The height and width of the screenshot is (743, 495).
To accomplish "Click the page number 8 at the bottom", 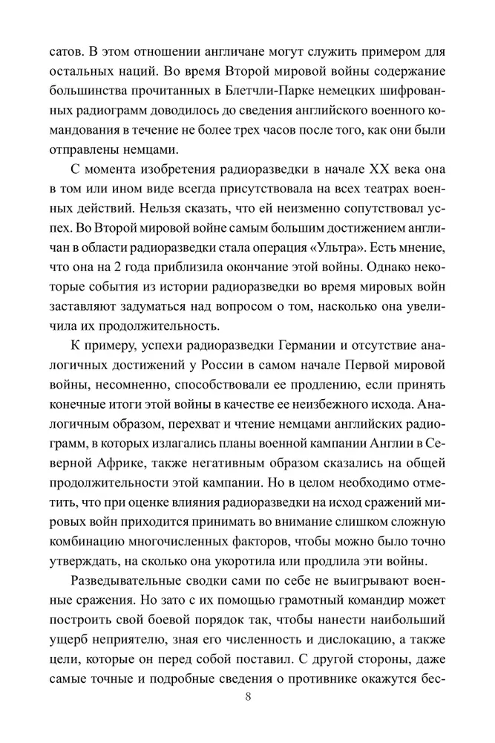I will (248, 697).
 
